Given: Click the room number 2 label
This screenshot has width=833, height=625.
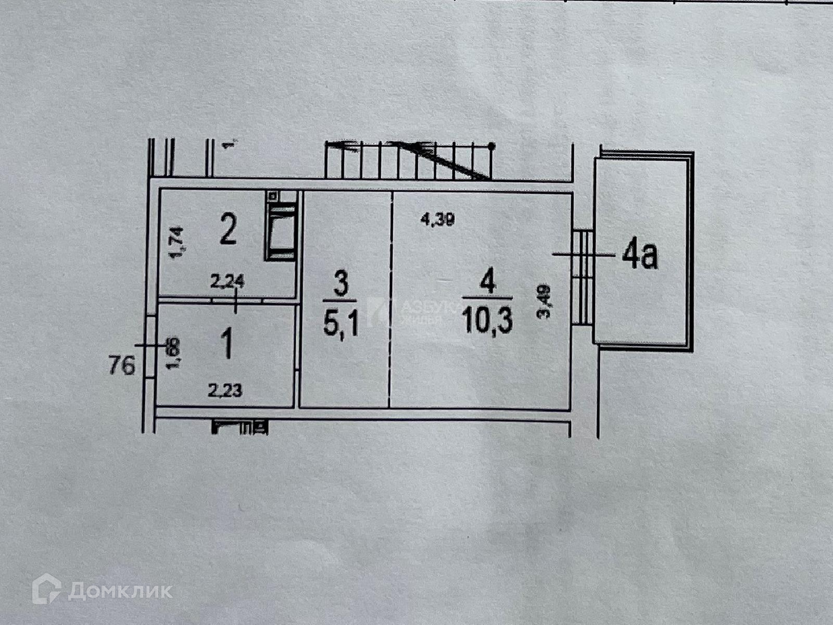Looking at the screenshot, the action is point(228,232).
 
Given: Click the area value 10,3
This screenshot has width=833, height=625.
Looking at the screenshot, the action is point(487,321).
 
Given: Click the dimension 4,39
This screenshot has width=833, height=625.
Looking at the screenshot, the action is point(437,220).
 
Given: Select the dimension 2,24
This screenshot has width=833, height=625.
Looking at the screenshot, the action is point(227,282).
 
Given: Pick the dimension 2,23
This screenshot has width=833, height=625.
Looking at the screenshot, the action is point(225,390).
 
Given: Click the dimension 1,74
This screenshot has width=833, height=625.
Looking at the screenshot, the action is point(176,244).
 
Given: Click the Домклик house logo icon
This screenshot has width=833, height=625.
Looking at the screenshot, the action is point(46,589).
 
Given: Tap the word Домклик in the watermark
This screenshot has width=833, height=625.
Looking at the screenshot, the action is point(120,591).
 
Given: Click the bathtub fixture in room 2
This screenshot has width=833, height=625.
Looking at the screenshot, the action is point(281,232).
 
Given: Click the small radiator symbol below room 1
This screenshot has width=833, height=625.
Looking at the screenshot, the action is point(240,428).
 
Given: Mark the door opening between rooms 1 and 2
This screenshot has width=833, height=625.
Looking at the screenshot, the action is point(237,301).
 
